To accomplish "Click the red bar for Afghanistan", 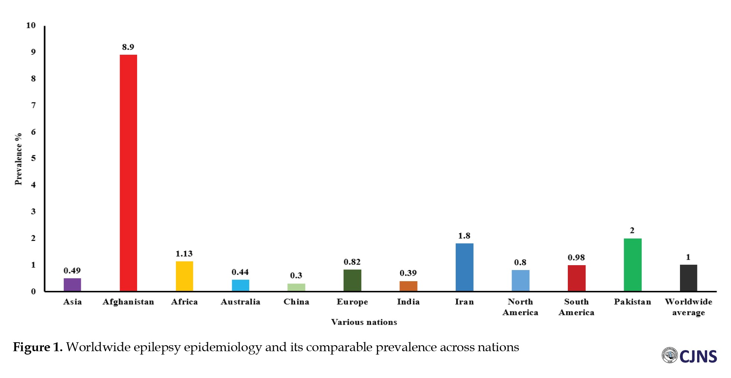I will (128, 173).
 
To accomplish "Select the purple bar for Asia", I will (72, 285).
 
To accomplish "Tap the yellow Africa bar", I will (184, 276).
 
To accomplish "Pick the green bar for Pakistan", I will (633, 264).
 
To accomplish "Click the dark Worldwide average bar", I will (689, 278).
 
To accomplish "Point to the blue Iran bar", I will (464, 267).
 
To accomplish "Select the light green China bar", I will (296, 287).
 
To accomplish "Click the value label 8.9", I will (128, 47).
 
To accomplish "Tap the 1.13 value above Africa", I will (184, 254).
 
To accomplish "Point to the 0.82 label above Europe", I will (352, 262).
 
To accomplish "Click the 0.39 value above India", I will (408, 273).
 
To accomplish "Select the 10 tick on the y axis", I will (31, 25).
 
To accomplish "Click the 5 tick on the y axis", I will (34, 158).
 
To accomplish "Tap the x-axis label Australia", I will (240, 302).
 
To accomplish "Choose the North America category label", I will (520, 307).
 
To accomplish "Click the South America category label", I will (576, 307).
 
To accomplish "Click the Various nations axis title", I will (364, 322).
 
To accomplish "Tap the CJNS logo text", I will (698, 356).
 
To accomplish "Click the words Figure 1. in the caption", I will (38, 347).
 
